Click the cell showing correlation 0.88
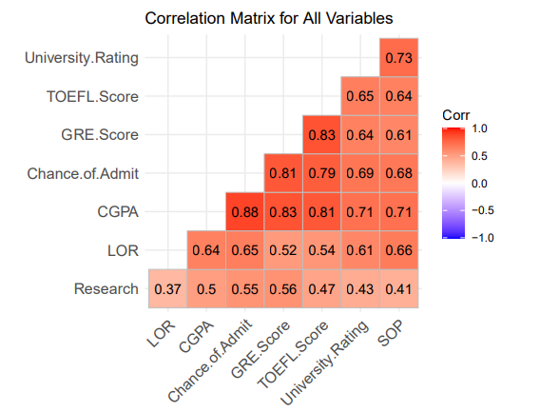(244, 212)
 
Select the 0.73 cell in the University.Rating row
(399, 57)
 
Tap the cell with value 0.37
(167, 289)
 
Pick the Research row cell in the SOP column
(399, 289)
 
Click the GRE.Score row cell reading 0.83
(322, 135)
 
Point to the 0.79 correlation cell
(322, 173)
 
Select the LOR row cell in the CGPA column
(206, 250)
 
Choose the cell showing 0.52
(283, 250)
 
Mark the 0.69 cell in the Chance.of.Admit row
(360, 173)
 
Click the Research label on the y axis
(106, 289)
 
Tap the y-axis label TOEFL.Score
(92, 96)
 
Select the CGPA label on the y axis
(118, 212)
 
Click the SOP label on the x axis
(391, 334)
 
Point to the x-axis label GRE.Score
(260, 349)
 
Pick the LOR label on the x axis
(162, 334)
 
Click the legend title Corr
(456, 115)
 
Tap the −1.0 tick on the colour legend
(483, 238)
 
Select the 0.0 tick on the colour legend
(479, 184)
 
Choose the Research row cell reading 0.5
(206, 289)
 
